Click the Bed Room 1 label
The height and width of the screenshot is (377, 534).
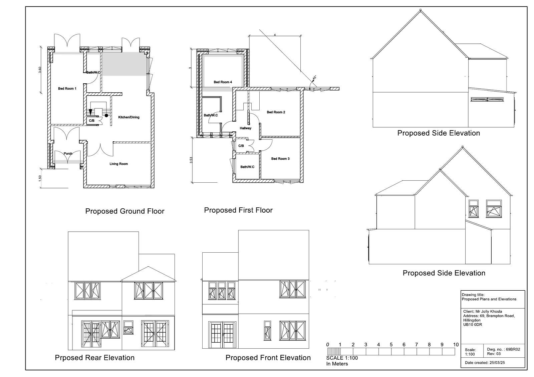tap(67, 89)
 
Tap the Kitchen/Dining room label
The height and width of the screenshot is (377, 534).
tap(129, 117)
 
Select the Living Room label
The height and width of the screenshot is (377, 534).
tap(119, 164)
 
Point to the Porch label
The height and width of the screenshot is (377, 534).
tap(68, 154)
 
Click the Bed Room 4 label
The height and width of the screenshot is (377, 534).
tap(223, 82)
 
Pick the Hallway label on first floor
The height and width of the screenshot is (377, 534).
tap(246, 128)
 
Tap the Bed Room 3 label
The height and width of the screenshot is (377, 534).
tap(280, 159)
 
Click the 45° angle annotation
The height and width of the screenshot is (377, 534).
tap(314, 78)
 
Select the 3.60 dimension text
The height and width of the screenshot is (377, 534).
tap(40, 70)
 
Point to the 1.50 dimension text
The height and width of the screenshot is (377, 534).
tap(40, 178)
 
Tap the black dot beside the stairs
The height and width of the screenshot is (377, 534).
tap(106, 116)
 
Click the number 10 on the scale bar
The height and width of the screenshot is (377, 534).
tap(456, 345)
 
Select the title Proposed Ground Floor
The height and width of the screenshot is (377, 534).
tap(125, 211)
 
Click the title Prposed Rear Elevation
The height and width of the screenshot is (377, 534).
tap(95, 358)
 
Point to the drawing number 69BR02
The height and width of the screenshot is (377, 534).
tap(513, 350)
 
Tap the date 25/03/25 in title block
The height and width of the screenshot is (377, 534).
tap(497, 363)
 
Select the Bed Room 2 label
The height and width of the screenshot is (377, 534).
tap(276, 112)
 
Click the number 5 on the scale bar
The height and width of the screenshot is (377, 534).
tap(391, 345)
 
